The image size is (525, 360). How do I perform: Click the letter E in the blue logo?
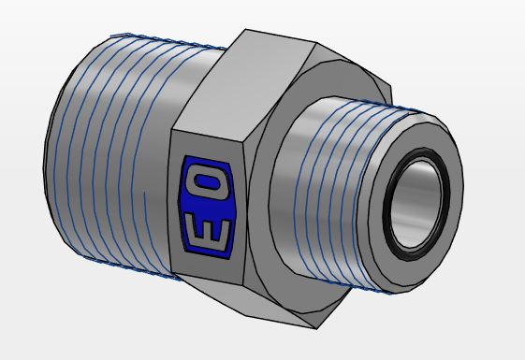208,233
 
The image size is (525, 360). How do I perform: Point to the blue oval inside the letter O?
207,182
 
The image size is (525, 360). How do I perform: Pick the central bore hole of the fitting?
416,204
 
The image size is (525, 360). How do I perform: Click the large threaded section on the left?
110,151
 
